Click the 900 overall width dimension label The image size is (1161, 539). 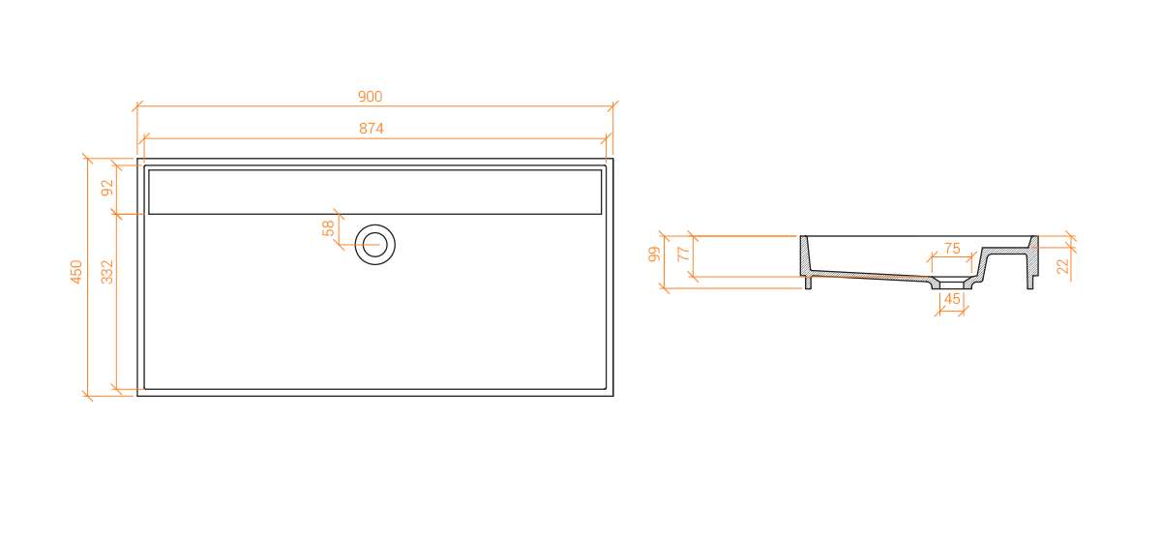tap(370, 97)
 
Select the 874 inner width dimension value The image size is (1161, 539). tap(372, 129)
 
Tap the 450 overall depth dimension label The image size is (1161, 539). tap(76, 272)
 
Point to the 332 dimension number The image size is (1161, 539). tap(106, 272)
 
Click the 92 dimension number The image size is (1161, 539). tap(106, 188)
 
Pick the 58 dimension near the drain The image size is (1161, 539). tap(328, 228)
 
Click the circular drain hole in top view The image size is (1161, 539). tap(375, 245)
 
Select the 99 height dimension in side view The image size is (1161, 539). tap(654, 255)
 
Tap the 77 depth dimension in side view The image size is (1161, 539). tap(683, 254)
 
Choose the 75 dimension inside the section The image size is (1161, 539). tap(952, 249)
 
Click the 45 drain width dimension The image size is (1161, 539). tap(952, 299)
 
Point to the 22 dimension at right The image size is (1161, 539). tap(1062, 266)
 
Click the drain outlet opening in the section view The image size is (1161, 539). tap(952, 285)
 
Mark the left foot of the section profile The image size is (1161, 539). tap(808, 283)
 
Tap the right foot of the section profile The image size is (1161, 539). tap(1029, 283)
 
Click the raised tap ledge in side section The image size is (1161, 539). tap(1005, 251)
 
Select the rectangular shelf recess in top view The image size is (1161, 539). tap(375, 192)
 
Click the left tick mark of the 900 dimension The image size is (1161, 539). tap(137, 106)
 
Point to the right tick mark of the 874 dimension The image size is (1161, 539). tap(607, 139)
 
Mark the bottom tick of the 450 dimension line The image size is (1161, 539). tap(88, 396)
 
